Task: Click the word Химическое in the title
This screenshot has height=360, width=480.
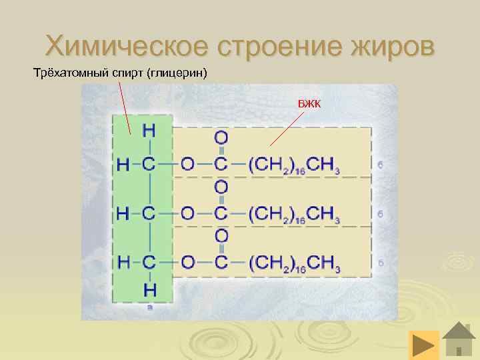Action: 127,46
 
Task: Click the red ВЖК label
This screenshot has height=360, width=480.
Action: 309,103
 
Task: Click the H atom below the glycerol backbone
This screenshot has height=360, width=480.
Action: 149,289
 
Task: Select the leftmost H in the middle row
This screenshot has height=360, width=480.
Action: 123,214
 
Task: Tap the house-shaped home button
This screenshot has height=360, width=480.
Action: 459,340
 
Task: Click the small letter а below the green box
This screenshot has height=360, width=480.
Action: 149,307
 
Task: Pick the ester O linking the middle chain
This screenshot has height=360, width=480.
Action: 188,214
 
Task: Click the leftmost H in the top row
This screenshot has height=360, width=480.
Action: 123,165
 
